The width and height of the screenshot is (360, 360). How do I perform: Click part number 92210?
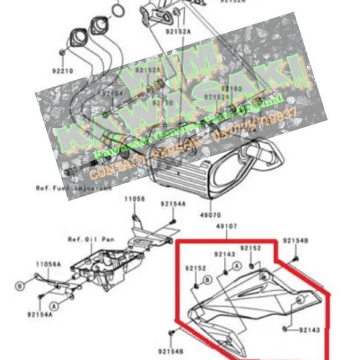point(61,70)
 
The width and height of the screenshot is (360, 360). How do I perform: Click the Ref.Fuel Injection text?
point(74,188)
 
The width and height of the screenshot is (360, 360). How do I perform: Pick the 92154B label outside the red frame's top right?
point(295,241)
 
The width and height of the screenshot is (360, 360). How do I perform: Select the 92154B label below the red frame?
point(171,351)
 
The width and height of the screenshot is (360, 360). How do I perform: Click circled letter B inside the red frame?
point(208,279)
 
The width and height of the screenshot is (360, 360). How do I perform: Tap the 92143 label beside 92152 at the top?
point(225,255)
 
